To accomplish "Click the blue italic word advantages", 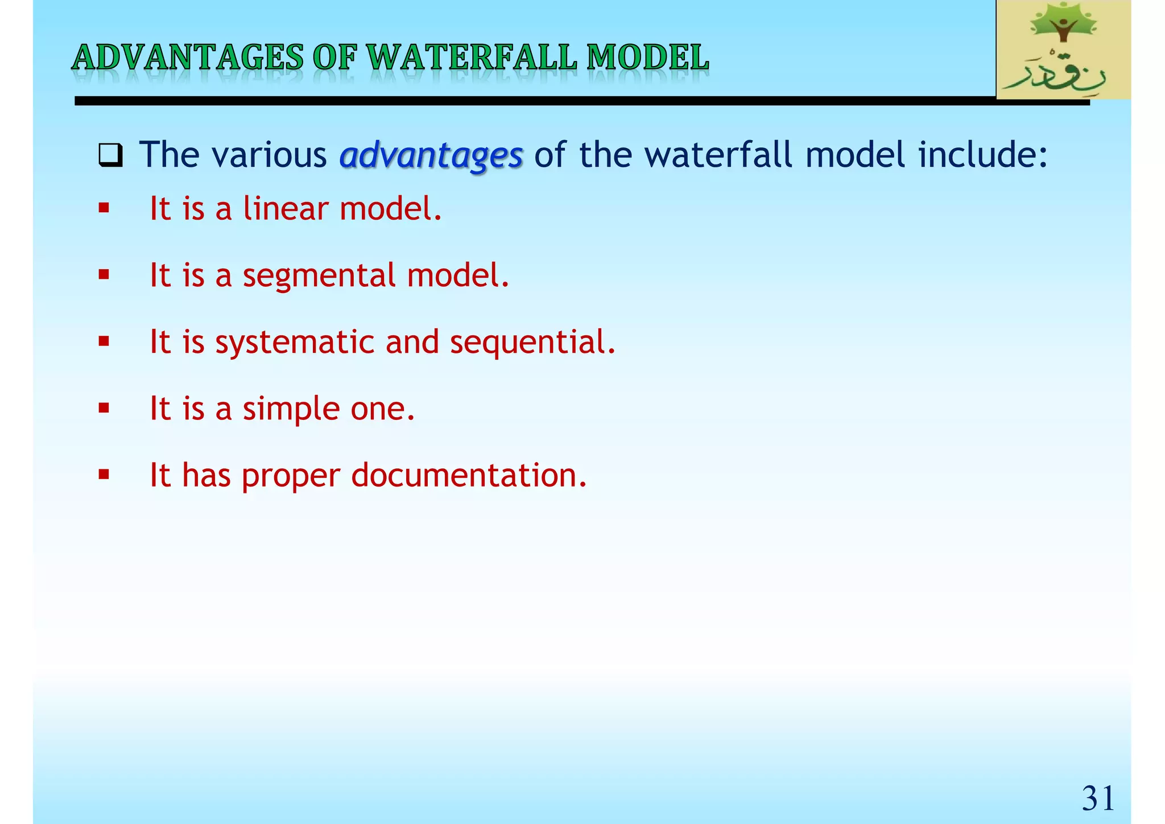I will (431, 155).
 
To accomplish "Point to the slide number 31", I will (1097, 798).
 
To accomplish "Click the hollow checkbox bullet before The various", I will (110, 155).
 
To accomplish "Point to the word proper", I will (291, 476).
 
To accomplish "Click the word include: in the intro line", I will (983, 154).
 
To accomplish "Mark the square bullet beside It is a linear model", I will (104, 208).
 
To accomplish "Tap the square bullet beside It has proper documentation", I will (104, 475).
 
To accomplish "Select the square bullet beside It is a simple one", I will (104, 408).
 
